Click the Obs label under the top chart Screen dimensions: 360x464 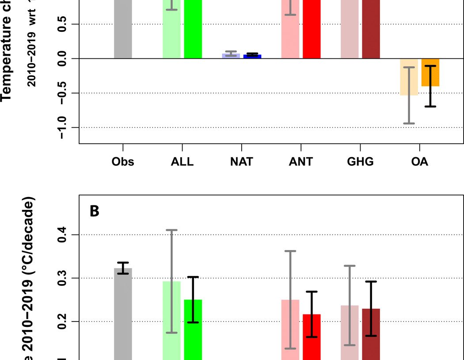pyautogui.click(x=123, y=162)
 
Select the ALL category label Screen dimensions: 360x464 pyautogui.click(x=182, y=162)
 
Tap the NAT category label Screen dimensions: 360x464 pyautogui.click(x=241, y=162)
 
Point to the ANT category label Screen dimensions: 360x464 pyautogui.click(x=300, y=162)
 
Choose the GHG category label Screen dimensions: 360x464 pyautogui.click(x=360, y=162)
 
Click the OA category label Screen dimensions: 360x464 pyautogui.click(x=419, y=162)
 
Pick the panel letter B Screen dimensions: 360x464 pyautogui.click(x=95, y=211)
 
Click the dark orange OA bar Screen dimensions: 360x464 pyautogui.click(x=430, y=72)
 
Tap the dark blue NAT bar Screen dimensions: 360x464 pyautogui.click(x=252, y=57)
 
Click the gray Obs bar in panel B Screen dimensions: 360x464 pyautogui.click(x=123, y=314)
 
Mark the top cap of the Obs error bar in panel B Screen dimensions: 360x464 pyautogui.click(x=123, y=262)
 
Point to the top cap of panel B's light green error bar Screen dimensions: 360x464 pyautogui.click(x=171, y=230)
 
